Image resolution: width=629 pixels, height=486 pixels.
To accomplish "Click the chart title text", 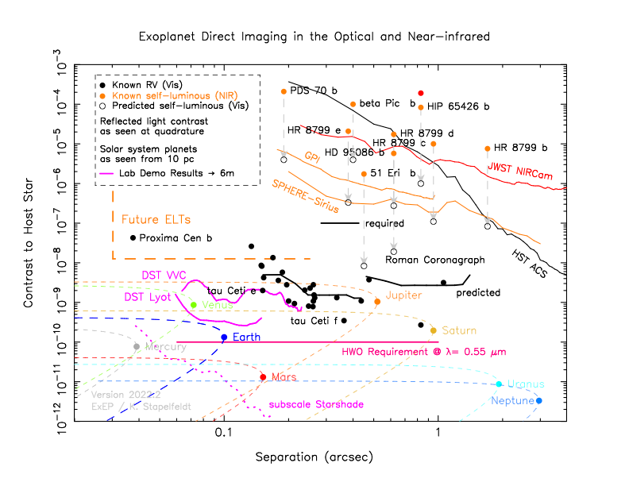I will [314, 37].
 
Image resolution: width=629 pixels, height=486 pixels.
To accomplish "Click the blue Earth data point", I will [224, 337].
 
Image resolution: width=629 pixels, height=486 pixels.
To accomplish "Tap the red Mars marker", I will [263, 377].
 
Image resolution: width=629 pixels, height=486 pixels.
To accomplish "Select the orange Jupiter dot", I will [377, 302].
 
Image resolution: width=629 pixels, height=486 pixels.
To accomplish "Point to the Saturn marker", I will [434, 330].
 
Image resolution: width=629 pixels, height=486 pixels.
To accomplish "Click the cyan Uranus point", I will [499, 384].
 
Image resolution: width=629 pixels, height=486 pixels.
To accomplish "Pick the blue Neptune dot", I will [539, 401].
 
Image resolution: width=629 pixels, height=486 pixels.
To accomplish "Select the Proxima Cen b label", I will [176, 237].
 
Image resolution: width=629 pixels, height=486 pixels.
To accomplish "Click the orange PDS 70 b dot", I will [284, 91].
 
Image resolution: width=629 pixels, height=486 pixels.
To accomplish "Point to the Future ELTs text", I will [156, 218].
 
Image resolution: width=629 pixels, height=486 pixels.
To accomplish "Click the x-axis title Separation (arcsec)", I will [314, 458].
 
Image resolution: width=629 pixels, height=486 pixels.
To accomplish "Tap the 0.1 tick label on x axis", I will [223, 434].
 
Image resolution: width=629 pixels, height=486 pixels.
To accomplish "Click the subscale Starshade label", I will [316, 404].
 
